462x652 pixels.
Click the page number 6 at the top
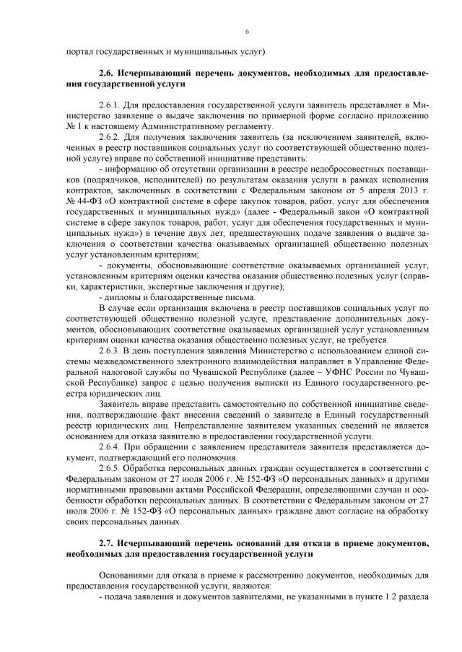coord(246,32)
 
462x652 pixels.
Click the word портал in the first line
coord(78,51)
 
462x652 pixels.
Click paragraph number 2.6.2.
coord(110,136)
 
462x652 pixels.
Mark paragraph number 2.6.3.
coord(110,349)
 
